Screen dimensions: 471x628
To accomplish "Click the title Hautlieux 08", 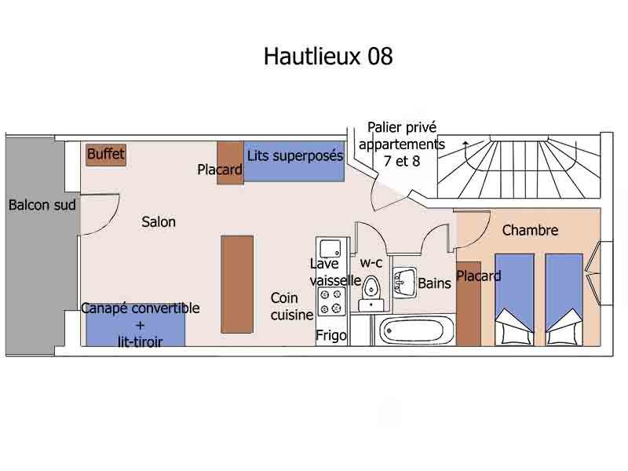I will (327, 57).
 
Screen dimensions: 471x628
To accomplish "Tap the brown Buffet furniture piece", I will (106, 155).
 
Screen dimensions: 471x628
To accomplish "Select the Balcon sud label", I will (42, 206).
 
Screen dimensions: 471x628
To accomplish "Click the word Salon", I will (159, 222).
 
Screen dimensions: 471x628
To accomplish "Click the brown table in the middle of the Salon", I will (237, 283).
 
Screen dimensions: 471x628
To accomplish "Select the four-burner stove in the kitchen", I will (331, 301).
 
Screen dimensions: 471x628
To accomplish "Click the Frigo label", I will (331, 335).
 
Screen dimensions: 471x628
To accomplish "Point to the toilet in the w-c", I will (370, 292).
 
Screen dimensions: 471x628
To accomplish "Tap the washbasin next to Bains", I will (405, 281).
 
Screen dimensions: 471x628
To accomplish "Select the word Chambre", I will (530, 230).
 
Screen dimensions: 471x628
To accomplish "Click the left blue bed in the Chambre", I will (514, 298).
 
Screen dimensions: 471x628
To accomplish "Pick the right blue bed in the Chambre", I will (564, 298).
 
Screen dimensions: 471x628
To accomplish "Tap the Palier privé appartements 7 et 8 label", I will (401, 144).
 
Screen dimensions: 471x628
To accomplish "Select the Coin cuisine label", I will (292, 306).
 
